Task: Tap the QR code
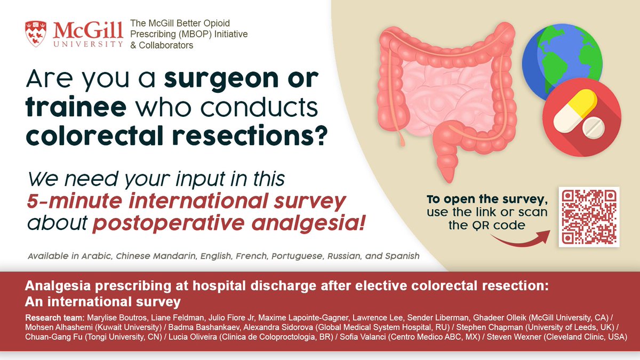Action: (589, 217)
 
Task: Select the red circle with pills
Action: (581, 115)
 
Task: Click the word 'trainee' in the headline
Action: (74, 108)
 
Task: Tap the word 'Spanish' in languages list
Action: (402, 256)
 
